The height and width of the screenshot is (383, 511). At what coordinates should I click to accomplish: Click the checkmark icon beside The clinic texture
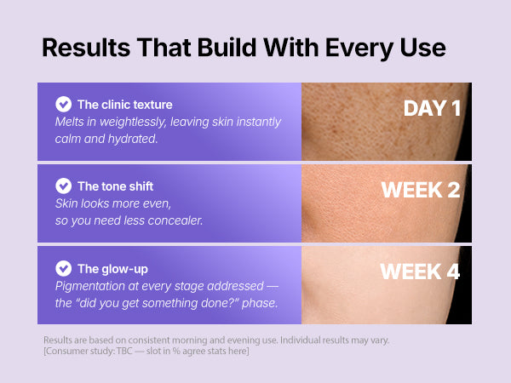click(64, 104)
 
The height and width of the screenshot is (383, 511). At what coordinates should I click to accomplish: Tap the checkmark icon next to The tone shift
click(64, 186)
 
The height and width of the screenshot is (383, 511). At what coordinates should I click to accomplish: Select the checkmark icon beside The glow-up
click(64, 268)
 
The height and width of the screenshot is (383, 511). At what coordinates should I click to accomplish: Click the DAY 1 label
click(432, 108)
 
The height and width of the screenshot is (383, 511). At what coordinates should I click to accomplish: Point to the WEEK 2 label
click(421, 190)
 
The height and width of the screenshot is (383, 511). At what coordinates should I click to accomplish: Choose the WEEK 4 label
click(420, 272)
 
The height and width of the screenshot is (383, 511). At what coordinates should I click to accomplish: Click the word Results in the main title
click(86, 48)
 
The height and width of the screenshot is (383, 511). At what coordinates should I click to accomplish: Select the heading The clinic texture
click(125, 105)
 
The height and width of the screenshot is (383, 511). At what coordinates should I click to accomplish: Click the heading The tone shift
click(115, 186)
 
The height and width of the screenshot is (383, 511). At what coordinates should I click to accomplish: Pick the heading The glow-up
click(112, 269)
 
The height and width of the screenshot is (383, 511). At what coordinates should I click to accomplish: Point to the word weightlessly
click(133, 122)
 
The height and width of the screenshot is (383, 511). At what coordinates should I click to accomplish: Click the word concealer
click(175, 220)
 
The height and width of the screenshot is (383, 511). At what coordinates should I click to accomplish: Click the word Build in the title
click(227, 48)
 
